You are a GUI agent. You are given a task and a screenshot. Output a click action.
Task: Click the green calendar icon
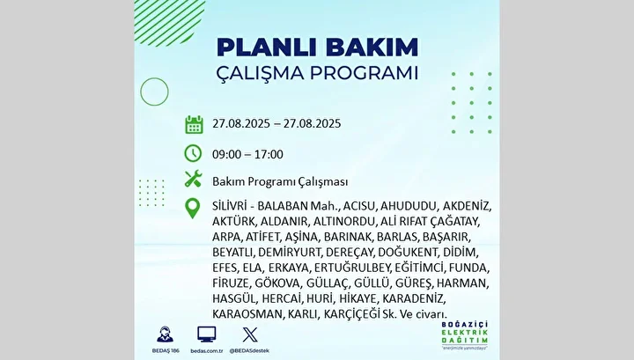(x=194, y=124)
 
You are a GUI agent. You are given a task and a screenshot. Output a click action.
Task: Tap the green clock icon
(x=193, y=153)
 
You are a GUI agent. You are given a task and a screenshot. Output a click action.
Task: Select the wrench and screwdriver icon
(x=193, y=179)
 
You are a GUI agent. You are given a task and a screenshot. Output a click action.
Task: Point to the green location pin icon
(x=193, y=209)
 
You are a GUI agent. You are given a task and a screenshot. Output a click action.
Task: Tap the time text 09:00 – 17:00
(x=247, y=154)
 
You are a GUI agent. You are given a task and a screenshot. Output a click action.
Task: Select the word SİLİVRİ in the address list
(x=229, y=206)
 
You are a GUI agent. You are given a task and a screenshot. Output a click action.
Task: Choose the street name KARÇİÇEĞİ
(x=351, y=314)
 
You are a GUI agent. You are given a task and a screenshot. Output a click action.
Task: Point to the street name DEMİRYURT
(x=289, y=253)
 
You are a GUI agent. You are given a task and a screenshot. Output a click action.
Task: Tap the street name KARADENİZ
(x=413, y=299)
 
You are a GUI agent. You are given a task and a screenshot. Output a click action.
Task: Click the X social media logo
(x=250, y=335)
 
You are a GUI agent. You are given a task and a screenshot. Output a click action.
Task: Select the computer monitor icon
(x=207, y=334)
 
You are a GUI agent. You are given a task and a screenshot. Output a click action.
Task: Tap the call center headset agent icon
(x=165, y=334)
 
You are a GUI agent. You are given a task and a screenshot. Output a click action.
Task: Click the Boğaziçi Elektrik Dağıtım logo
(x=465, y=335)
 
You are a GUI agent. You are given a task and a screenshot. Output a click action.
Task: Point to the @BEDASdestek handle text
(x=249, y=350)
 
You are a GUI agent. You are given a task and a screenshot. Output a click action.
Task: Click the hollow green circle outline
(x=154, y=78)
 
